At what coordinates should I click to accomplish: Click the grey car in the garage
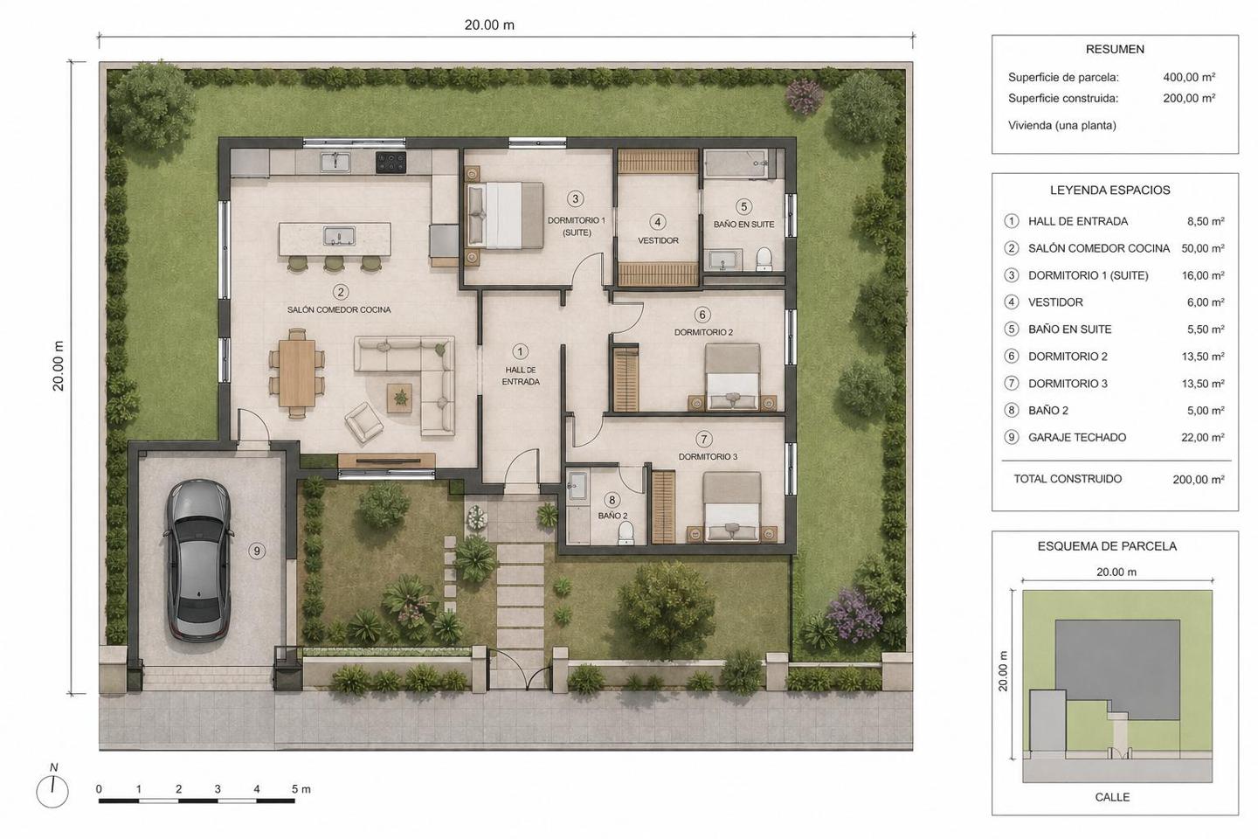click(198, 560)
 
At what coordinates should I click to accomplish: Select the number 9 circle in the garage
click(257, 551)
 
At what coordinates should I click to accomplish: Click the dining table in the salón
click(297, 372)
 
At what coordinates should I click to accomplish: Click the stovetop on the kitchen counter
click(391, 163)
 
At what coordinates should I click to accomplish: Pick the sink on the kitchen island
click(339, 235)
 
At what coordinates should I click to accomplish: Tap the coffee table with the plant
click(400, 399)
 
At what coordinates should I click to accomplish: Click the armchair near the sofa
click(364, 421)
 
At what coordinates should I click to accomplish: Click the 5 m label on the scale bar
click(301, 789)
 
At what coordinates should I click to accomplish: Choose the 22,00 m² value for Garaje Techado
click(1202, 437)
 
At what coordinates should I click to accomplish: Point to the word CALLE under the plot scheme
click(1112, 797)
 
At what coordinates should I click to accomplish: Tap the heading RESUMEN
click(1115, 50)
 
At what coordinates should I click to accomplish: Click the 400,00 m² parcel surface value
click(1189, 77)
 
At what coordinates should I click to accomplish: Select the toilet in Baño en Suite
click(764, 259)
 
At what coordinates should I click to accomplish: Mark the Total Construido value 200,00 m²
click(1199, 479)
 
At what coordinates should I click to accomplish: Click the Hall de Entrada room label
click(521, 376)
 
